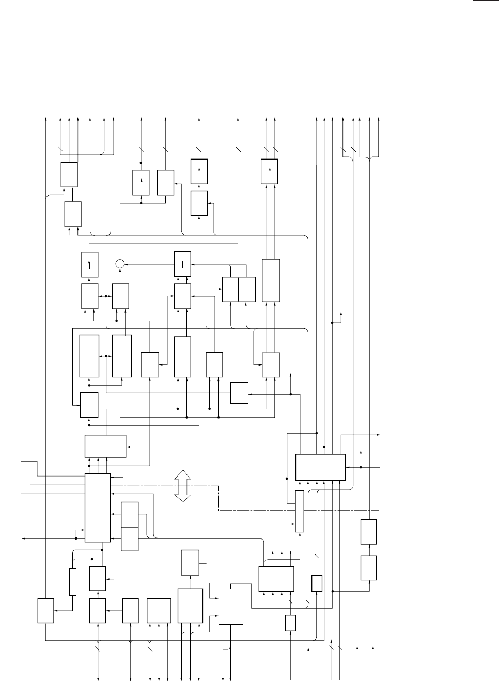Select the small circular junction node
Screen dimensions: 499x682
120,264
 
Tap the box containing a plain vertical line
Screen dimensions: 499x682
182,264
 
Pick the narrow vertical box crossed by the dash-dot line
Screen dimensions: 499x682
299,511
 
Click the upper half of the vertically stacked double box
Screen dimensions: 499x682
130,514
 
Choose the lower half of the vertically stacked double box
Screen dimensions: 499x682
130,539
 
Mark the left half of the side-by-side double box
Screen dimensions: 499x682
230,289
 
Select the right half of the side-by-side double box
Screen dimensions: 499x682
247,289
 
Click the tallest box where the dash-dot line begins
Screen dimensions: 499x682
98,507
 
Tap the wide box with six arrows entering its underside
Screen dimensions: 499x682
320,467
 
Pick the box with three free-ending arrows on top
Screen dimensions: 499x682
276,579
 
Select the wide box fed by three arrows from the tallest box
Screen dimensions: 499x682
105,446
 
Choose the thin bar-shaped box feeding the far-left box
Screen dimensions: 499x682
73,582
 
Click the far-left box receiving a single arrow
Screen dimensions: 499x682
45,611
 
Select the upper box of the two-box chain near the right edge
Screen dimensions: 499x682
369,532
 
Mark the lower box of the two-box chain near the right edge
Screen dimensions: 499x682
369,567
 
